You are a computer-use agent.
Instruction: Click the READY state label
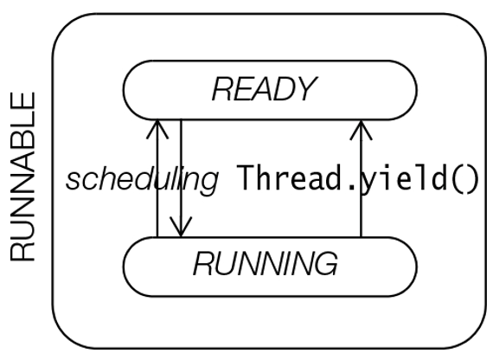pyautogui.click(x=265, y=89)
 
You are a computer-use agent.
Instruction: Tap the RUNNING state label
pyautogui.click(x=266, y=264)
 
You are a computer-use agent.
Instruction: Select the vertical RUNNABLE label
pyautogui.click(x=22, y=177)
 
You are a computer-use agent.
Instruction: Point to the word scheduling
pyautogui.click(x=142, y=178)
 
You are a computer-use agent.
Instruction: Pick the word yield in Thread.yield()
pyautogui.click(x=403, y=179)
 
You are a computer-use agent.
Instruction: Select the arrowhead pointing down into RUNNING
pyautogui.click(x=181, y=227)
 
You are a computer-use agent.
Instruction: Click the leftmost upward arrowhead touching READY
pyautogui.click(x=157, y=129)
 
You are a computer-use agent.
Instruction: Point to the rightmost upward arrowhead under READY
pyautogui.click(x=361, y=130)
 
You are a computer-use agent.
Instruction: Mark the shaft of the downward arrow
pyautogui.click(x=181, y=177)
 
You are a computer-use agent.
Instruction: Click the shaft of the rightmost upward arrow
pyautogui.click(x=361, y=178)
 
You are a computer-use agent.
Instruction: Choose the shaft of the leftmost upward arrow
pyautogui.click(x=157, y=178)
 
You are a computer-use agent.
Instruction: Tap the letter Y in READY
pyautogui.click(x=305, y=89)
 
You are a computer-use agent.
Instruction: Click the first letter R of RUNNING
pyautogui.click(x=204, y=264)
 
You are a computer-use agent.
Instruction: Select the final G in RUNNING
pyautogui.click(x=326, y=264)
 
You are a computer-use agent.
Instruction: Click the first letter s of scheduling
pyautogui.click(x=72, y=181)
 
